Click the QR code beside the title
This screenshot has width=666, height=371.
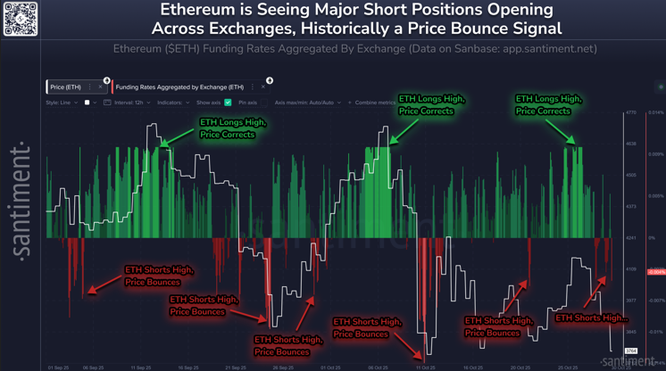tap(20, 19)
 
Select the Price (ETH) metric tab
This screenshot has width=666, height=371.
tap(66, 87)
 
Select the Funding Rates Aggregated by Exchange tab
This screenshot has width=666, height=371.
tap(179, 87)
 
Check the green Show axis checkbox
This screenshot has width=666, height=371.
tap(228, 103)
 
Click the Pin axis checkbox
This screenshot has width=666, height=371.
tap(262, 103)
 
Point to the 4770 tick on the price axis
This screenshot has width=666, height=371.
tap(630, 113)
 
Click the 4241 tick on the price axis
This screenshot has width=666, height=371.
tap(630, 238)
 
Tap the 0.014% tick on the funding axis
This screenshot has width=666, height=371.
tap(655, 113)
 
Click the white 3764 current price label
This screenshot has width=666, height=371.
tap(631, 351)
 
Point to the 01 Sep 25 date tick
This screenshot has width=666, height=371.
tap(58, 367)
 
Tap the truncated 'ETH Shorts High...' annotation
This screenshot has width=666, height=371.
tap(591, 317)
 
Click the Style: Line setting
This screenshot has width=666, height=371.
tap(62, 103)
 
